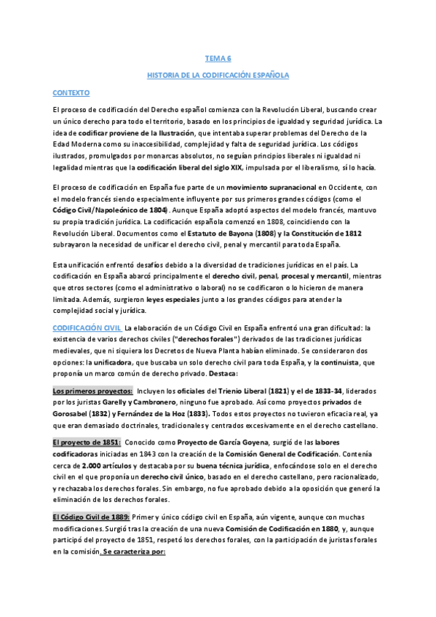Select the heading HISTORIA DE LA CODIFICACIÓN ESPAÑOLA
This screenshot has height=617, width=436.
tap(218, 75)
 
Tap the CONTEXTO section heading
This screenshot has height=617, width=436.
tap(71, 93)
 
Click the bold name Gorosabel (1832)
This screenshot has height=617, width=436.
tap(82, 414)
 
